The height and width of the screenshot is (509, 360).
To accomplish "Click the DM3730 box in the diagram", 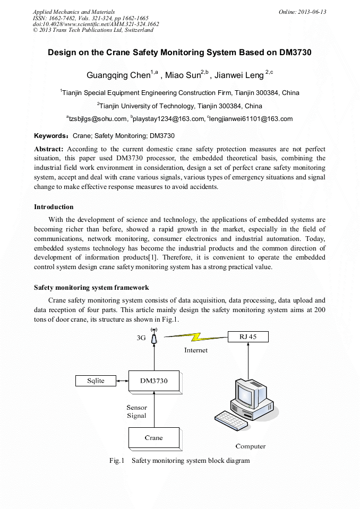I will tap(153, 381).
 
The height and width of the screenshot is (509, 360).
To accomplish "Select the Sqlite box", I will tap(96, 381).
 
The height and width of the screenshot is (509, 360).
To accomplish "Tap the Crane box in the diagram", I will tap(153, 438).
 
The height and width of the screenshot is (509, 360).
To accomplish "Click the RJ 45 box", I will tap(247, 337).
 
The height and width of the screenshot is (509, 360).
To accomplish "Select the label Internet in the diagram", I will tap(196, 350).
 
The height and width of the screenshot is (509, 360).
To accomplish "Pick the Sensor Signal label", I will tap(136, 411).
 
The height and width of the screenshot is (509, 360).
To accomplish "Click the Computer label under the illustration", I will tap(250, 446).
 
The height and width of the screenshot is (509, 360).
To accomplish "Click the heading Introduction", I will tap(54, 207).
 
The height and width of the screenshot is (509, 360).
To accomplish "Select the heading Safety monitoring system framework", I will tap(92, 288).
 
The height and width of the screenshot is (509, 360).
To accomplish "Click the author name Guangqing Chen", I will tap(118, 75).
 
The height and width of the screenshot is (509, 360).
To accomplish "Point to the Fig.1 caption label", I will tap(116, 461).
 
